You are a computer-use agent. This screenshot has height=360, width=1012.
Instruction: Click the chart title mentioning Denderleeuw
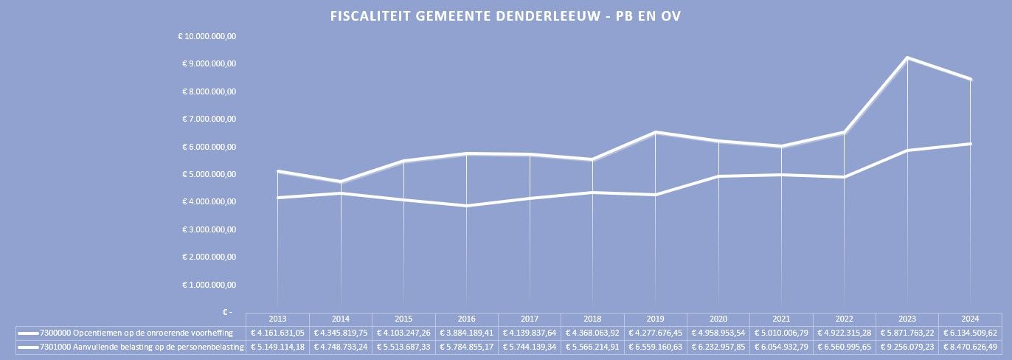(505, 16)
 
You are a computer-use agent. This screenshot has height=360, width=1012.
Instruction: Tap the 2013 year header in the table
(277, 319)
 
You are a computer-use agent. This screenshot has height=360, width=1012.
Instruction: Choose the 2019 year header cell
(655, 319)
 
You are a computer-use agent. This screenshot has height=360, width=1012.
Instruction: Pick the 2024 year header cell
(970, 319)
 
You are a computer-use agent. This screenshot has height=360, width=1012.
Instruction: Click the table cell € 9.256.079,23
(907, 347)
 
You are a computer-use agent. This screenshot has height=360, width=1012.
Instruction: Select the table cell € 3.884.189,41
(466, 333)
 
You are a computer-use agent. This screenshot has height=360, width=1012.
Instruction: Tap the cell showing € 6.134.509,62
(970, 333)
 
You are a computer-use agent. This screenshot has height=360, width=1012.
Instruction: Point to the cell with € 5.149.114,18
(277, 347)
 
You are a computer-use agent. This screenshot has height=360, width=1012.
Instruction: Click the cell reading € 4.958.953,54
(718, 333)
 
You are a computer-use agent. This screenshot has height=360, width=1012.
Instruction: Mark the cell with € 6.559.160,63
(655, 347)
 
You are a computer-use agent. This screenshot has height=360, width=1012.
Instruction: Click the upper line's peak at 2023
(907, 58)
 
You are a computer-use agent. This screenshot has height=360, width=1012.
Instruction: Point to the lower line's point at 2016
(466, 206)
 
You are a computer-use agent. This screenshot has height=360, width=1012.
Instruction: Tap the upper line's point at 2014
(341, 181)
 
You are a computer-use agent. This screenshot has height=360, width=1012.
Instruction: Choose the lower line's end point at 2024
(970, 144)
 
